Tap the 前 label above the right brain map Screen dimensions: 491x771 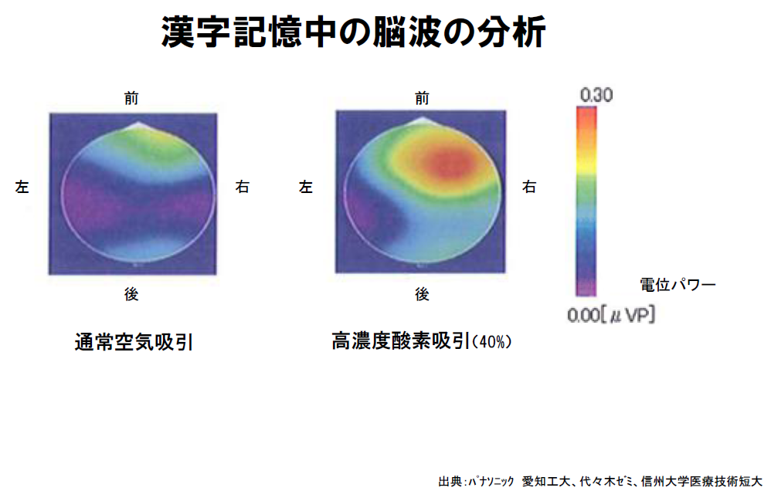tap(422, 97)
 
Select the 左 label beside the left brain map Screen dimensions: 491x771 tap(22, 188)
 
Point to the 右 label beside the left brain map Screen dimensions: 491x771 tap(243, 188)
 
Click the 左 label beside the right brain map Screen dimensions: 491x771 tap(307, 188)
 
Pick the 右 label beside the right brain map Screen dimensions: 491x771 tap(529, 188)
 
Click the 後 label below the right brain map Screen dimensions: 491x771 tap(422, 293)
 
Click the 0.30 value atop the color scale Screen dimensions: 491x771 tap(596, 96)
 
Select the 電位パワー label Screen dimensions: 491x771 tap(678, 284)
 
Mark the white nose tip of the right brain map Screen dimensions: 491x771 tap(422, 121)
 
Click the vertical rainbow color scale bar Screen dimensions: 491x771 tap(586, 201)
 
